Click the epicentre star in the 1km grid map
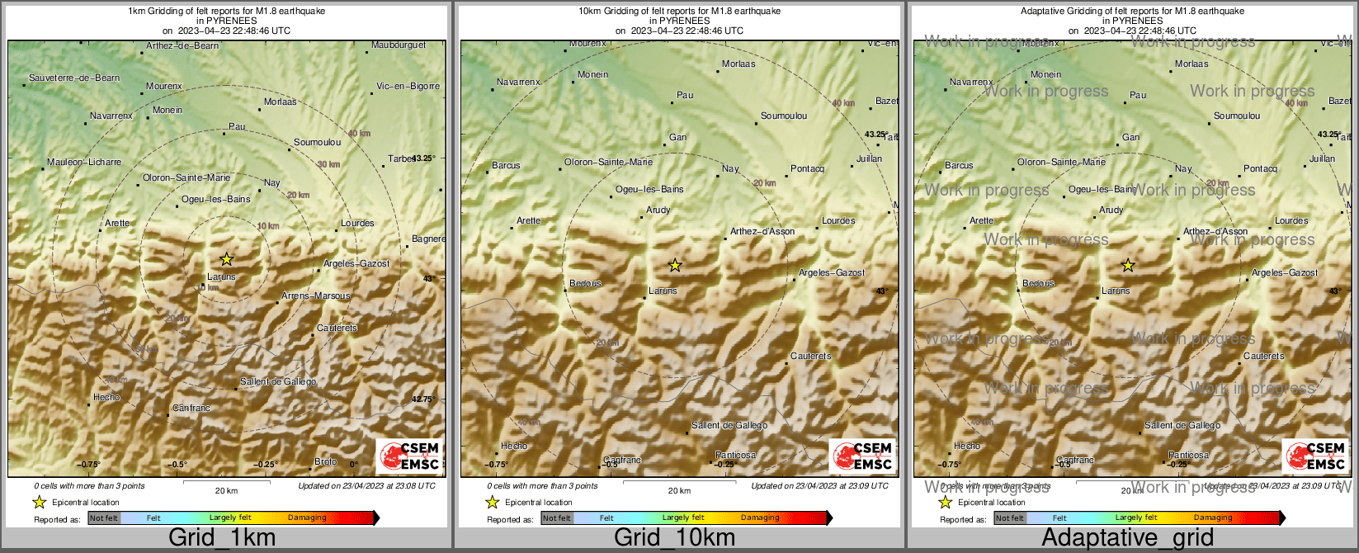coord(227,259)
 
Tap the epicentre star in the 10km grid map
coord(675,265)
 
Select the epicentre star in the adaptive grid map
coord(1128,265)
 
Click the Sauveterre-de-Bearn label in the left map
coord(74,78)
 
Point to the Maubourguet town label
coord(399,45)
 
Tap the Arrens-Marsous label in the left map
coord(316,295)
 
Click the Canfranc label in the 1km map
coord(191,409)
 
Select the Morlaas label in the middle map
coord(738,64)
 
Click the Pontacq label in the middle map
coord(807,168)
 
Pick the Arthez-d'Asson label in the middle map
coord(762,231)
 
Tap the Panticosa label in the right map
coord(1188,455)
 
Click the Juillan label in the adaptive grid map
coord(1322,158)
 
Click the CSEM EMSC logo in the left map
coord(409,456)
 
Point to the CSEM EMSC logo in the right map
coord(1315,456)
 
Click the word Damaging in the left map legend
coord(307,518)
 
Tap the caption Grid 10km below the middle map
coord(674,538)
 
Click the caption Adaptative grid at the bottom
coord(1127,538)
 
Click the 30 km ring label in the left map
coord(328,164)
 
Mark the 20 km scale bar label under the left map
coord(226,490)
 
